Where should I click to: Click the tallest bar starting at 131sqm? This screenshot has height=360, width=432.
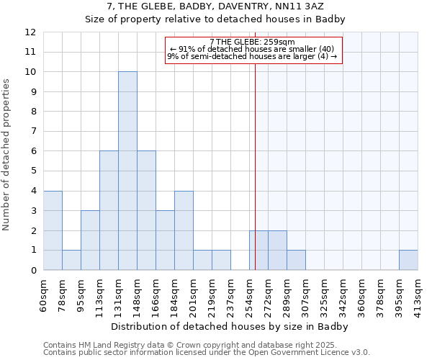click(127, 171)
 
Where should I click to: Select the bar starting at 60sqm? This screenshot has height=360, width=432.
click(53, 230)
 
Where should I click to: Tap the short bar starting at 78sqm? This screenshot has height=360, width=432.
click(71, 260)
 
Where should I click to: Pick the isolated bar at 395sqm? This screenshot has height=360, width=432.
click(408, 260)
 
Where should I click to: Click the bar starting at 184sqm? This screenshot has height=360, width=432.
click(184, 230)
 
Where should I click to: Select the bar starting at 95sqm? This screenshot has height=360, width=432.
click(90, 240)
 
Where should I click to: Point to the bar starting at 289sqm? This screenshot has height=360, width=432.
click(296, 260)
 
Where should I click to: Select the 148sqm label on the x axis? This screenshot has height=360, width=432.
click(137, 296)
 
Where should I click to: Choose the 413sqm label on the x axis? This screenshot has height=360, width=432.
click(418, 296)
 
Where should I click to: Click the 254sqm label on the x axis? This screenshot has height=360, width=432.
click(249, 296)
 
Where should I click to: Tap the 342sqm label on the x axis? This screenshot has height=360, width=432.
click(343, 296)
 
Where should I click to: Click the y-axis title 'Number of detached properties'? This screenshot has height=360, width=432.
click(6, 155)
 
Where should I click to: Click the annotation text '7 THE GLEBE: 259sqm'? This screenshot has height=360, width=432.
click(253, 42)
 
